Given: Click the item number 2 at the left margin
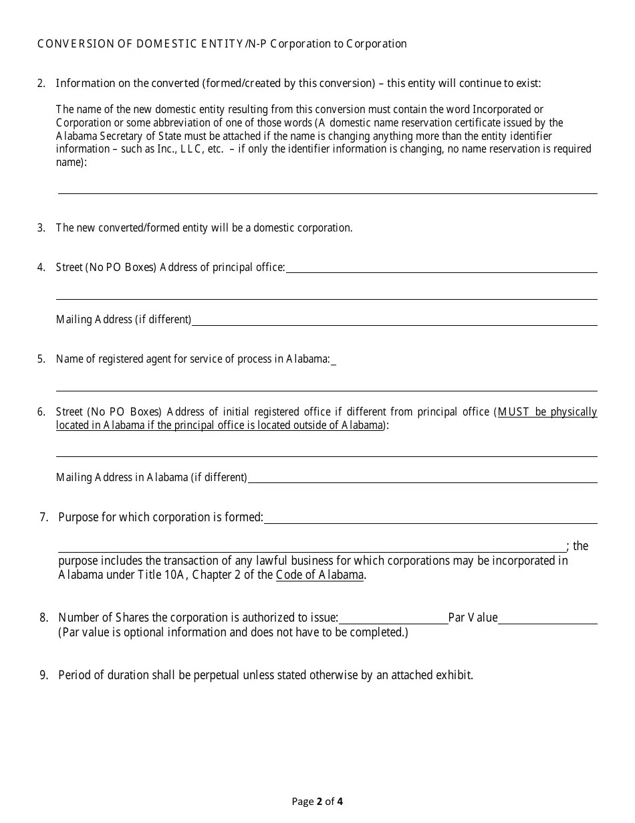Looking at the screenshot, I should point(41,84).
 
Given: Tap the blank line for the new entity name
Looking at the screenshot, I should point(328,189).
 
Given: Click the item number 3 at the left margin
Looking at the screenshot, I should point(41,228).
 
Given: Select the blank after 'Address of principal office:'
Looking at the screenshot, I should point(441,268).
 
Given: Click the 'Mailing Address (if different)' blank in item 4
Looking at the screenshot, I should point(394,321).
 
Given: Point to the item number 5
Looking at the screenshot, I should point(41,359).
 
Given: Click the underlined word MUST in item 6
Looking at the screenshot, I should point(513,412).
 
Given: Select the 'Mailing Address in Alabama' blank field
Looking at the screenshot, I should point(422,478).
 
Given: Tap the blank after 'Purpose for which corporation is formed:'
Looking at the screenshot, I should point(430,519).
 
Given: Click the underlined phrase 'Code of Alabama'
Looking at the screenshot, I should point(320,575).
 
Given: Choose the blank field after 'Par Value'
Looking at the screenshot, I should point(547,619).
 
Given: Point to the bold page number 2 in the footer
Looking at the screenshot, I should point(320,802).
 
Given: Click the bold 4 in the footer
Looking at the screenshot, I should point(340,802).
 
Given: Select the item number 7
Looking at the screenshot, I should point(43,517).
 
